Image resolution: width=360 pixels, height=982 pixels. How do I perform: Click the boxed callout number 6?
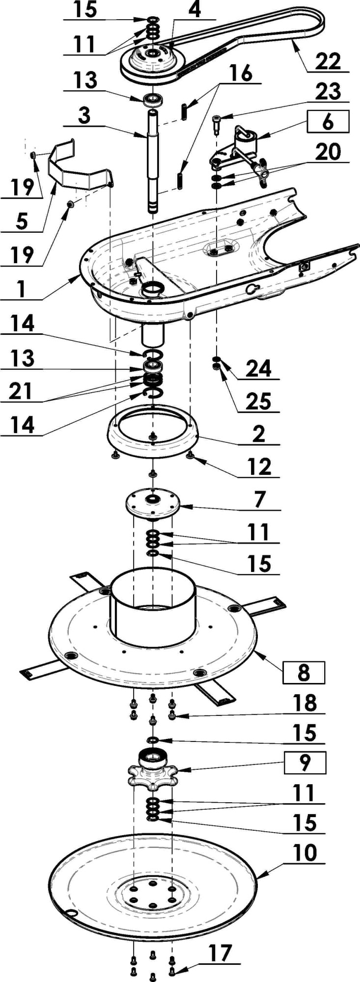click(x=328, y=121)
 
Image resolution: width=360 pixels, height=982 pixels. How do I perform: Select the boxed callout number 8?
click(x=304, y=672)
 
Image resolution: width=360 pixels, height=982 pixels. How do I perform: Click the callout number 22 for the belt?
click(x=328, y=61)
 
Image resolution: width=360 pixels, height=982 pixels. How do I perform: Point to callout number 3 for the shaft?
click(x=84, y=116)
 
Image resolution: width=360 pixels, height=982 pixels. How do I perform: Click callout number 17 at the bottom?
click(x=220, y=953)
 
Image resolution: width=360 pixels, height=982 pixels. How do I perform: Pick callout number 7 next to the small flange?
click(x=260, y=499)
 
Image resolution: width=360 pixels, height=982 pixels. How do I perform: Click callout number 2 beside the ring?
click(x=259, y=434)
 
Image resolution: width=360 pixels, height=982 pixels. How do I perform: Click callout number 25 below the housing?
click(x=258, y=401)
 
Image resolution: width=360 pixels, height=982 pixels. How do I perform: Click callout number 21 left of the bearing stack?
click(x=20, y=391)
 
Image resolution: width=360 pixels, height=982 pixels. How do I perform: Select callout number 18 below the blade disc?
click(x=305, y=703)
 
